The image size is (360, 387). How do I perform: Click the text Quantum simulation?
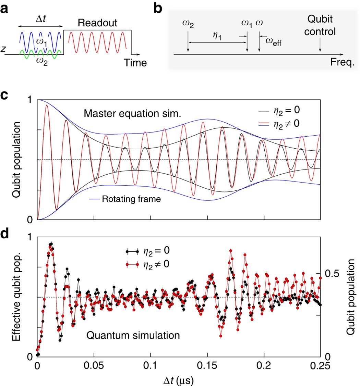click(x=133, y=336)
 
